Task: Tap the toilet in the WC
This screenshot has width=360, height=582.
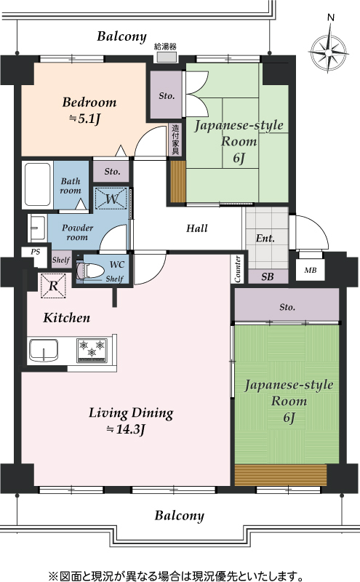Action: click(x=89, y=271)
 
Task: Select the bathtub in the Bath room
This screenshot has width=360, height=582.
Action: click(x=38, y=185)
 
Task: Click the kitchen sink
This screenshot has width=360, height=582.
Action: click(x=44, y=350)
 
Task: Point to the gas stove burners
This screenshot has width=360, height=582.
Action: click(x=92, y=350)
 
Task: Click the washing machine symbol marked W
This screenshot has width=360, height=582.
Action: click(x=111, y=199)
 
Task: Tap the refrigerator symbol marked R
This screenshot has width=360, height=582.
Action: click(x=53, y=285)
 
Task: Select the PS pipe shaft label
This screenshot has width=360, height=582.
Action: click(x=35, y=252)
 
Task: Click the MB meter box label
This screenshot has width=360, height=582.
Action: click(x=311, y=270)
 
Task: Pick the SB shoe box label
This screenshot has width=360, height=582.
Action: click(x=267, y=276)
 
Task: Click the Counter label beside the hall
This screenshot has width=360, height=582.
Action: click(x=238, y=268)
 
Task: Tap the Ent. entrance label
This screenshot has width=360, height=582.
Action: click(x=265, y=238)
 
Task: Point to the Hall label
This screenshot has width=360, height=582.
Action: click(x=196, y=228)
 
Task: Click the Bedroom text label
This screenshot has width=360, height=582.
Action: click(x=89, y=102)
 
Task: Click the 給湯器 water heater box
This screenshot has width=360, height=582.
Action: click(x=166, y=57)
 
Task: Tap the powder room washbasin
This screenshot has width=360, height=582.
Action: click(x=37, y=226)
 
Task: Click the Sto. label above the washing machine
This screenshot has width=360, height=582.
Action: click(x=112, y=172)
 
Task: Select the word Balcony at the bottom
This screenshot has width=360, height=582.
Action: click(x=179, y=516)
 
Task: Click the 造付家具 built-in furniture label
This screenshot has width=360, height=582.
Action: click(x=175, y=140)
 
